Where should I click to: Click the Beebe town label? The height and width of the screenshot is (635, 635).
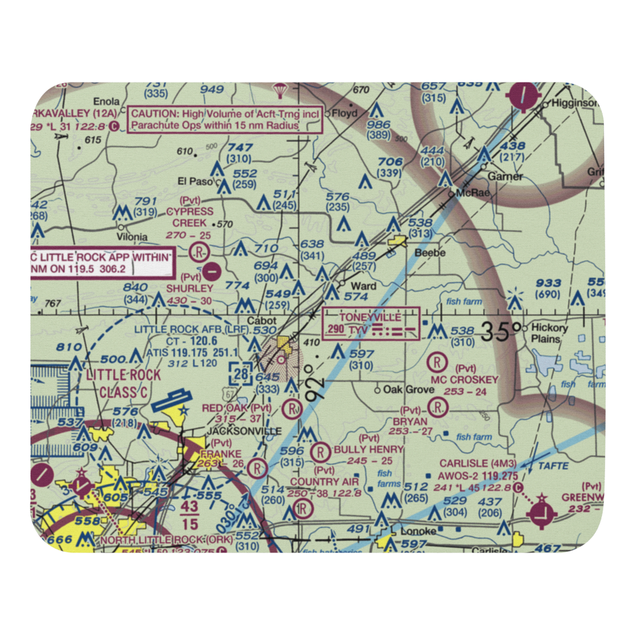[430, 253]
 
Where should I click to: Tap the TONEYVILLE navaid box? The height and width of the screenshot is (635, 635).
[371, 323]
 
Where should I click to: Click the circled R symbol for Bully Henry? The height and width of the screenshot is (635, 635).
[321, 451]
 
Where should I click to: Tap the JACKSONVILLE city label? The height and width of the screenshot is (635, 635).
[235, 431]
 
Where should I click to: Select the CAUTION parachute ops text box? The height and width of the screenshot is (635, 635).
[225, 119]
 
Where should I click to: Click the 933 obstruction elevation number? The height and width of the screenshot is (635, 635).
[548, 283]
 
